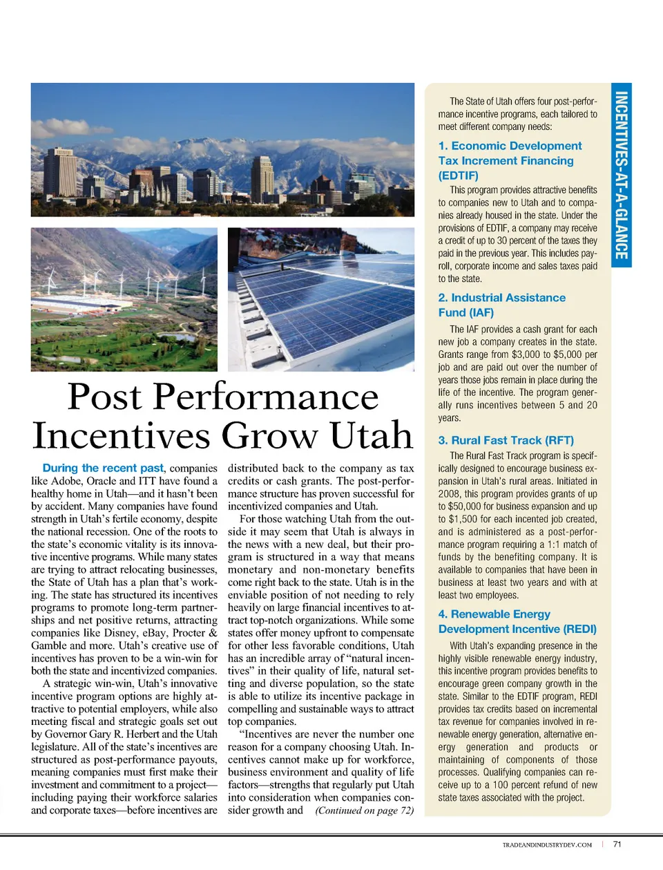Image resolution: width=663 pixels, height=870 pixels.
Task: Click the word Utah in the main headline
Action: coord(372,435)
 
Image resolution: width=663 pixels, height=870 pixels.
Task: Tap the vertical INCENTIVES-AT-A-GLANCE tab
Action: coord(622,176)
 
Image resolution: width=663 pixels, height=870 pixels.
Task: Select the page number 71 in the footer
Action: coord(617,844)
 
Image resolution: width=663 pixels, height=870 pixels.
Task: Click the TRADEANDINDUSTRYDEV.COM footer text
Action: coord(547,844)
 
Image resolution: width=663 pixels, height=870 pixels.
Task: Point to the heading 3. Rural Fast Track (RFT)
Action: coord(506,440)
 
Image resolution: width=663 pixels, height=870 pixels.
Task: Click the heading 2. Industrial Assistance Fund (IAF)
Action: coord(501,305)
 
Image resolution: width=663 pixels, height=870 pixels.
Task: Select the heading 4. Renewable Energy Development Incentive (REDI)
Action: coord(517,621)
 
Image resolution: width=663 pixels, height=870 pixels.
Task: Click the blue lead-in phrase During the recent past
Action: coord(103,468)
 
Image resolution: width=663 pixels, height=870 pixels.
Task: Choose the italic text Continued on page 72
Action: coord(365,811)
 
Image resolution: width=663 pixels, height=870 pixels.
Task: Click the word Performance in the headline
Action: coord(265,397)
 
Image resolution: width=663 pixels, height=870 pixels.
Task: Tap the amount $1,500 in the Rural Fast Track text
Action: coord(467,519)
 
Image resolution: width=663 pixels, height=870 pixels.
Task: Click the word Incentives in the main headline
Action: coord(121,435)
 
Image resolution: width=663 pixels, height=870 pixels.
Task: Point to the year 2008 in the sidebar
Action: coord(450,494)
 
